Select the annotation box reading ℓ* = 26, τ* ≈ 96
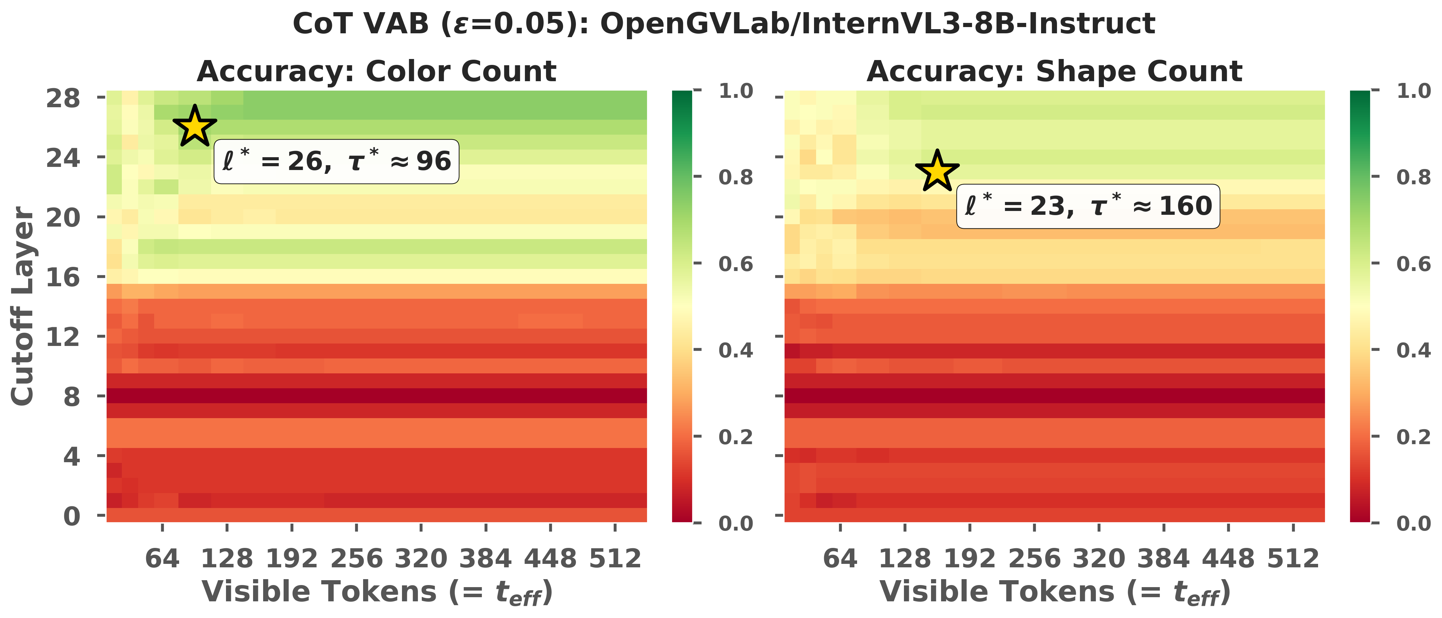pos(336,162)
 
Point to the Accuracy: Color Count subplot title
pos(377,71)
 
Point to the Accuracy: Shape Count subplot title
pos(1055,71)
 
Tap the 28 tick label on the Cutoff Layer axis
pos(63,99)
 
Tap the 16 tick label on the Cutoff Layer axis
pos(63,278)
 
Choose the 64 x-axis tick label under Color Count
pos(162,559)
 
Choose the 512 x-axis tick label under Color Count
pos(615,559)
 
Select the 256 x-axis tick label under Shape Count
pos(1034,559)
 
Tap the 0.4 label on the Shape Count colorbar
pos(1414,350)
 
